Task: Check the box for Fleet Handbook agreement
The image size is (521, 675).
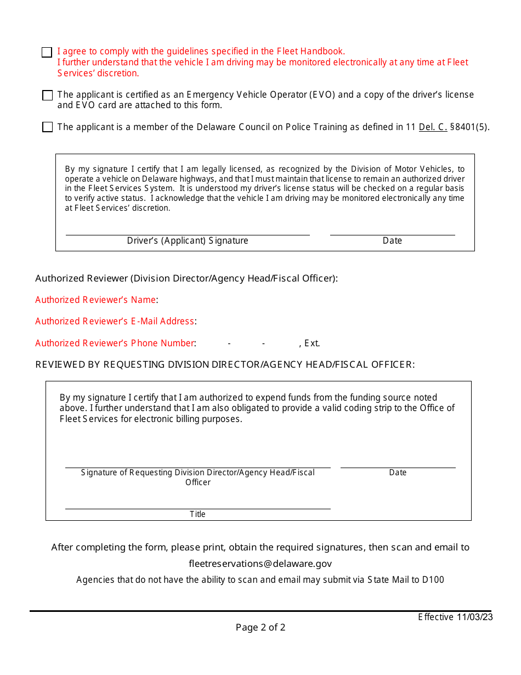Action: coord(47,52)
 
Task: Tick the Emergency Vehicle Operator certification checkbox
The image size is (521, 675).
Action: coord(47,95)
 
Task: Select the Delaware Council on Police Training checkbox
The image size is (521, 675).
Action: coord(47,127)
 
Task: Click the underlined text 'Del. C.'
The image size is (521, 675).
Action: coord(433,127)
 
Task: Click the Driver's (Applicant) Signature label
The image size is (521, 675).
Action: coord(188,241)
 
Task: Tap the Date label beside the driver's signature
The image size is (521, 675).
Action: coord(392,241)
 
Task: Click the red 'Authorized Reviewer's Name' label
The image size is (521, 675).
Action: coord(96,300)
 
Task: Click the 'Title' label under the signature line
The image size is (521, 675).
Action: coord(197,514)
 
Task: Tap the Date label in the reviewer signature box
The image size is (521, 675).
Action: coord(398,473)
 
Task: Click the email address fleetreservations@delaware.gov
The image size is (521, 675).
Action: coord(260,564)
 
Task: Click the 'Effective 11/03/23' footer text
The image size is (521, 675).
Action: coord(455,617)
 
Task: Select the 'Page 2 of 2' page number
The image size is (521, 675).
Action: coord(260,627)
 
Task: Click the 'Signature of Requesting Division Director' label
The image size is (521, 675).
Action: coord(197,473)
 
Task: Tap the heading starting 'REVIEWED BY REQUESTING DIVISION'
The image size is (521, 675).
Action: coord(225,364)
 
